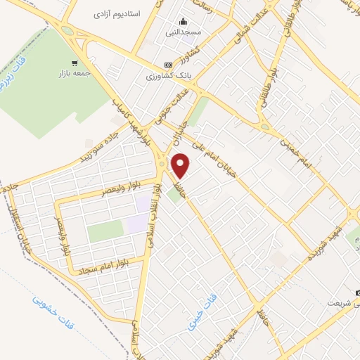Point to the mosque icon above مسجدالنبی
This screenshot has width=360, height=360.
(x=183, y=21)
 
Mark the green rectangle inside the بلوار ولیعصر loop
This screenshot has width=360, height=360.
(x=105, y=231)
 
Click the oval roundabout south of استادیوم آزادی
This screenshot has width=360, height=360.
(x=67, y=31)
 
